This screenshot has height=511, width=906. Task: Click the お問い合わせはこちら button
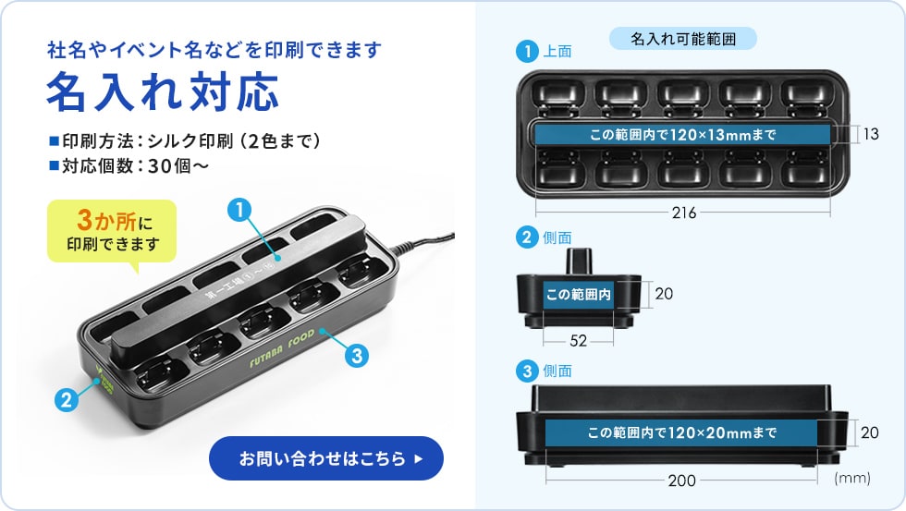(x=325, y=458)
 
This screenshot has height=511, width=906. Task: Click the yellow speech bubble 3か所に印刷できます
(x=112, y=232)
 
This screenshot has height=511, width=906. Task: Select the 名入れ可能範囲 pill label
(x=683, y=39)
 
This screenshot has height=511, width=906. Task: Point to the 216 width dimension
(x=685, y=213)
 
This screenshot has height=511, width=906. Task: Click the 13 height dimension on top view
(x=871, y=135)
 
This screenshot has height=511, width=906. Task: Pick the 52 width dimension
(x=579, y=340)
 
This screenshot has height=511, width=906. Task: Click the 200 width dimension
(x=682, y=480)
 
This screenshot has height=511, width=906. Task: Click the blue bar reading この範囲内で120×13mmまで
(x=682, y=135)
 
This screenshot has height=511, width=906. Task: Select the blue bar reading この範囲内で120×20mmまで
(x=682, y=432)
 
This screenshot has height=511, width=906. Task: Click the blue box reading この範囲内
(x=579, y=295)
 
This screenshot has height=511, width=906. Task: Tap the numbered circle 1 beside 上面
(x=527, y=52)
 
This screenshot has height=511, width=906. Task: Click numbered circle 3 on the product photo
(x=357, y=354)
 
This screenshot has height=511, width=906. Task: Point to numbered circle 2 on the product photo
(x=65, y=400)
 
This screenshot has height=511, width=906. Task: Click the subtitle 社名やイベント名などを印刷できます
(x=214, y=50)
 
